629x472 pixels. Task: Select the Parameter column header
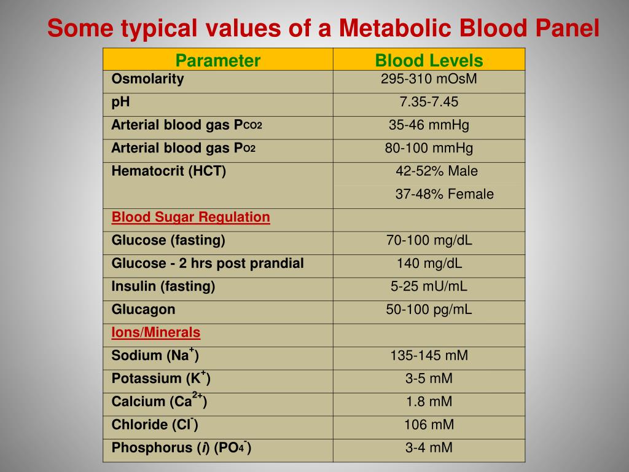click(218, 60)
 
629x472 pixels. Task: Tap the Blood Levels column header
click(429, 60)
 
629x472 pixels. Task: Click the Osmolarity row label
click(147, 79)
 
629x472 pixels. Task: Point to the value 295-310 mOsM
click(429, 79)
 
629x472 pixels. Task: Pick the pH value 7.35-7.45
click(429, 102)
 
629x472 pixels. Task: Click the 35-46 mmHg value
click(429, 125)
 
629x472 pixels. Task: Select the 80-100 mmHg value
click(429, 148)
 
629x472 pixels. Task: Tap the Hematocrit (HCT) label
click(169, 171)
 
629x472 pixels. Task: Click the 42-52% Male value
click(436, 171)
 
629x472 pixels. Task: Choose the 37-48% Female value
click(444, 194)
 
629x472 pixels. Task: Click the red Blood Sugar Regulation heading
click(190, 217)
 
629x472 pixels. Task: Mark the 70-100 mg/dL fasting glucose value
click(429, 240)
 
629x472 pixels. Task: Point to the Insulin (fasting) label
click(163, 286)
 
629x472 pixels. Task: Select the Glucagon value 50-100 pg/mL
click(429, 309)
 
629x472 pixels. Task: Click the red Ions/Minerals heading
click(156, 332)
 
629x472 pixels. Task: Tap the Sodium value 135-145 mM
click(429, 355)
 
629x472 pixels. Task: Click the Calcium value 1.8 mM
click(429, 401)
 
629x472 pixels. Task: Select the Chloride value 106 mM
click(429, 425)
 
